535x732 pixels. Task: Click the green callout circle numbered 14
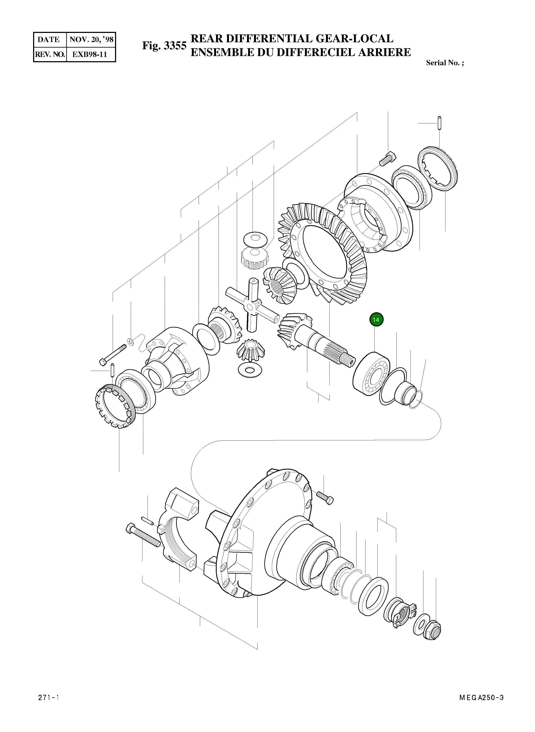tap(376, 320)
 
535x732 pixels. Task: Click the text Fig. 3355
tap(164, 46)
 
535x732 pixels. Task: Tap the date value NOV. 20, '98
tap(91, 40)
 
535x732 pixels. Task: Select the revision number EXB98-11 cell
tap(90, 54)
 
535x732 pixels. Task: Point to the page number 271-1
tap(49, 707)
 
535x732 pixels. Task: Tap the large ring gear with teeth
tap(321, 253)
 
